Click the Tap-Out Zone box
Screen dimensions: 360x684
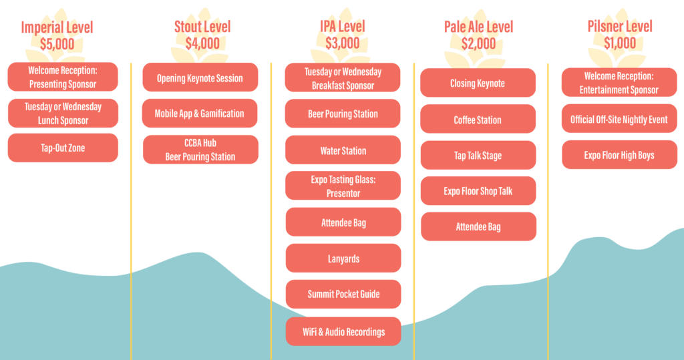click(63, 148)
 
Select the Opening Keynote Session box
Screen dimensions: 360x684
click(200, 78)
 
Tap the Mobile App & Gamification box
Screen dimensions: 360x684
click(200, 114)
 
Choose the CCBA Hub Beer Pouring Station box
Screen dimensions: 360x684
click(200, 150)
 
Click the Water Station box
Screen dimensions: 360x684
click(343, 151)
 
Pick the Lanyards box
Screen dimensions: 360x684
click(343, 258)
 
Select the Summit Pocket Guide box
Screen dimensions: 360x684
click(343, 294)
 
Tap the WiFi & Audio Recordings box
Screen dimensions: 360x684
click(343, 332)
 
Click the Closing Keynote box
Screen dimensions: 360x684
click(477, 83)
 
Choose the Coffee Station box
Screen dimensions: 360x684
click(477, 120)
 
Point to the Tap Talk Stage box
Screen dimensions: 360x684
click(477, 156)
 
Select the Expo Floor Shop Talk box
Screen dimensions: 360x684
click(477, 191)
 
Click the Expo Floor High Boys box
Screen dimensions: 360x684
click(619, 155)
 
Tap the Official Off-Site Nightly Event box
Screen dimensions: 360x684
click(619, 120)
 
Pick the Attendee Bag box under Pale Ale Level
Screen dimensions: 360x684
click(477, 227)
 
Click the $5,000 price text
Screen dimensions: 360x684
click(57, 44)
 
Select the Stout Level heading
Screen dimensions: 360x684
click(202, 27)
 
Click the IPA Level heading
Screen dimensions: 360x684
click(343, 27)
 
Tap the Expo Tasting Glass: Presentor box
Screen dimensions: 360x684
click(343, 186)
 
